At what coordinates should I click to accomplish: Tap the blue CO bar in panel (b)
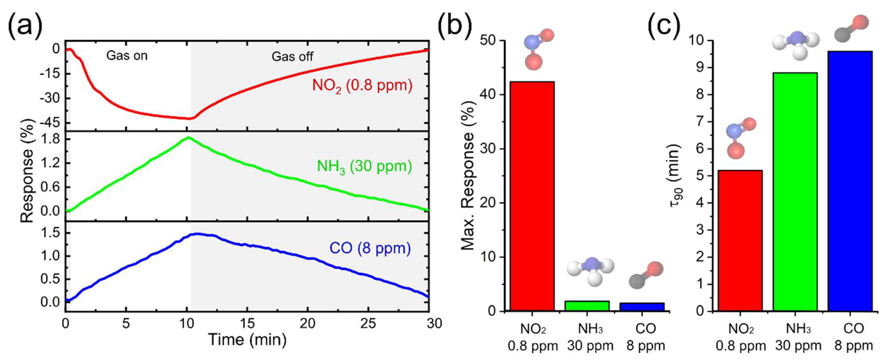tap(642, 307)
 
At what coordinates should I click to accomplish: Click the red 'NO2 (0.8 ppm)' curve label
tap(362, 85)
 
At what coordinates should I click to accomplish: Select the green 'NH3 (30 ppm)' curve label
tap(364, 166)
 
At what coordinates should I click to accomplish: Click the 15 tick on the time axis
tap(247, 324)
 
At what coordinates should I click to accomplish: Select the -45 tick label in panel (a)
tap(50, 123)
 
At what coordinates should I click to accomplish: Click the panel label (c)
tap(664, 25)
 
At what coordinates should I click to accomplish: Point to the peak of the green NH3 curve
tap(188, 137)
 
